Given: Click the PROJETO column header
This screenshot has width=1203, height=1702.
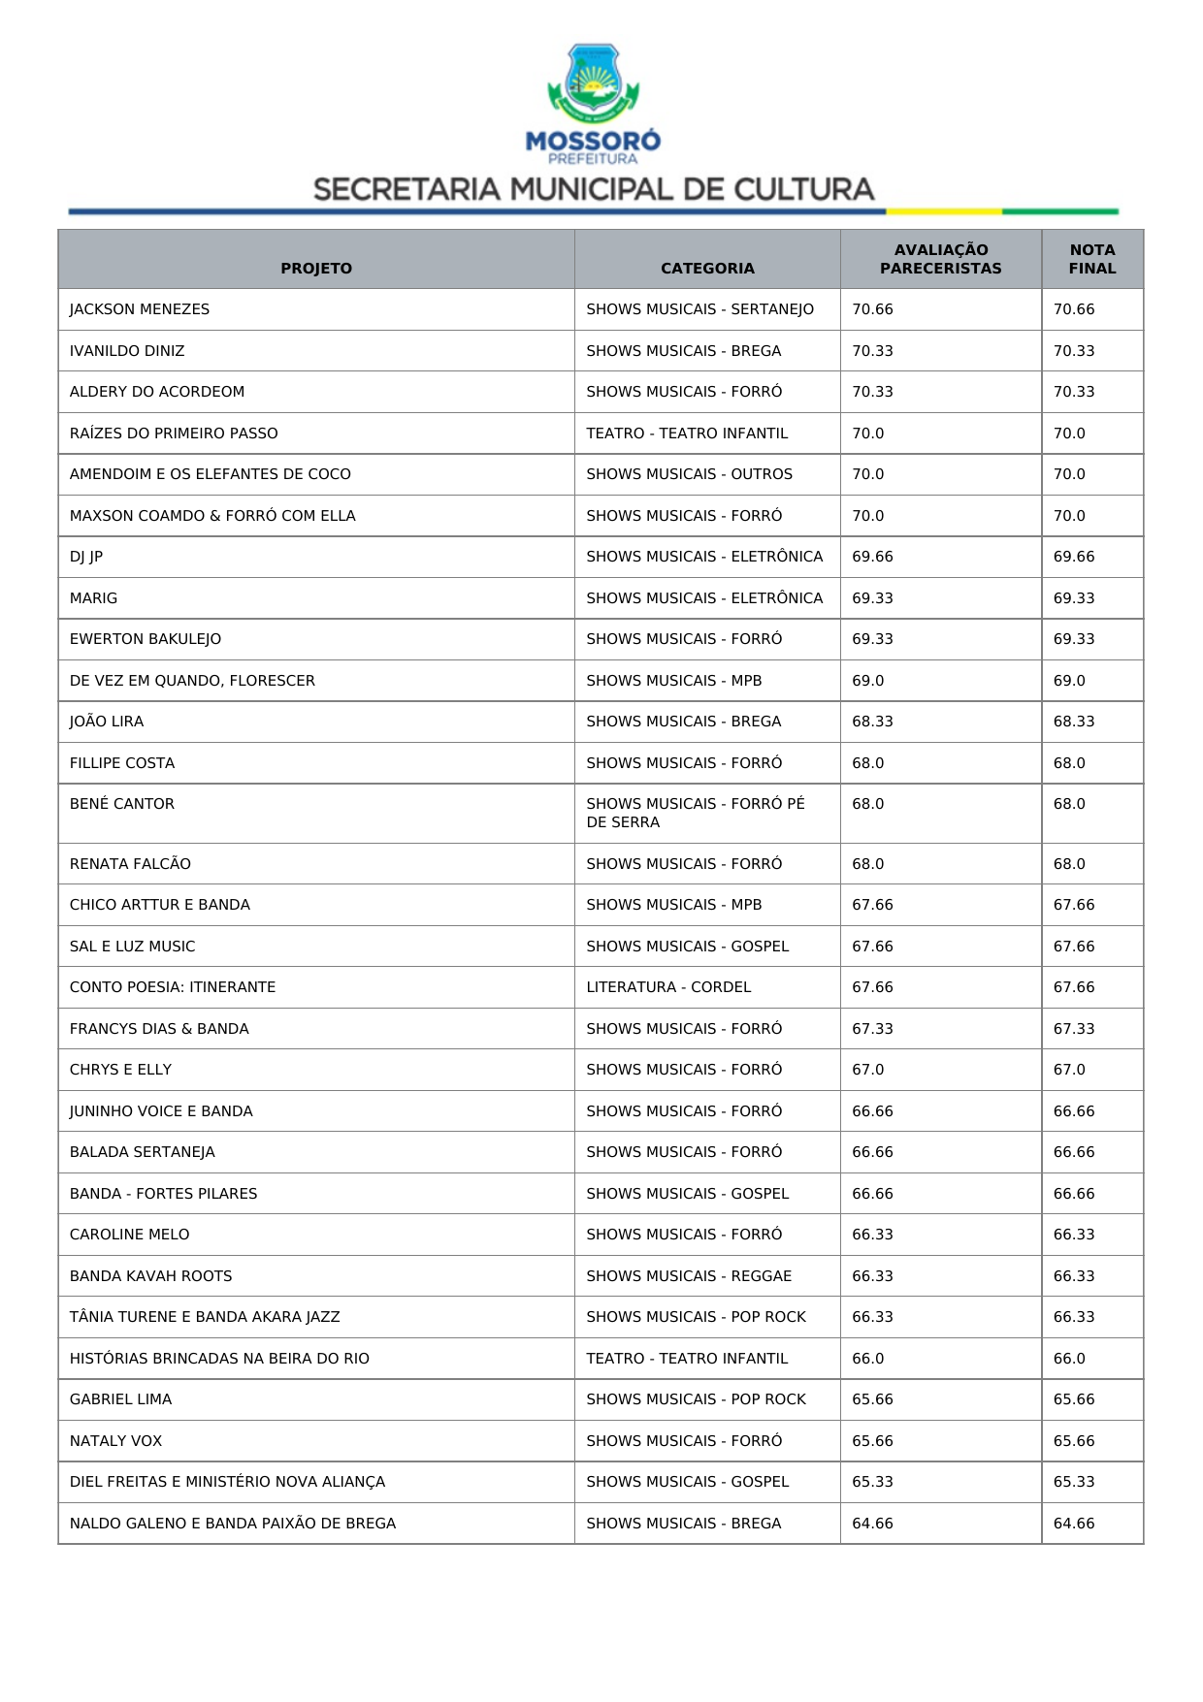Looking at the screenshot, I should [316, 269].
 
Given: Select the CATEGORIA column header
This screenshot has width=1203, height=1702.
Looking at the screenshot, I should [707, 269].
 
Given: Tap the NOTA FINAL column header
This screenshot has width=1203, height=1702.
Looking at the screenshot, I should [1092, 259].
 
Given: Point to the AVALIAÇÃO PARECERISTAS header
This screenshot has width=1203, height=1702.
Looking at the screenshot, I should [941, 259].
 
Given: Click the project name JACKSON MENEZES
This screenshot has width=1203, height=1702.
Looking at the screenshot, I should [140, 309].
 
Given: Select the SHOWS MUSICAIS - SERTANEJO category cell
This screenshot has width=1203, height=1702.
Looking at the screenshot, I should [699, 309].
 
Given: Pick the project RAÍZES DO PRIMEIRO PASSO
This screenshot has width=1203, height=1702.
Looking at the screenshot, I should [174, 434].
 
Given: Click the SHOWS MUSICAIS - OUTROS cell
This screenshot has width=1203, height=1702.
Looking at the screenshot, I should [689, 474].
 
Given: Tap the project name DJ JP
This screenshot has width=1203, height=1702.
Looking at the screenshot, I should [86, 557].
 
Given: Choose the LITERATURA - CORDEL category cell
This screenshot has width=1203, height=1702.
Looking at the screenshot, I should [668, 987].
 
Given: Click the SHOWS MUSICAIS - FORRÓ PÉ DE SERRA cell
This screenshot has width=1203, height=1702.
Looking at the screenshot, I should [696, 813].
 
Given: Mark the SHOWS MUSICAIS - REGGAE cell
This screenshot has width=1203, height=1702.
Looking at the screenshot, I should [689, 1276].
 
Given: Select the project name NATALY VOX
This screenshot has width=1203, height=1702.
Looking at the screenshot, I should [115, 1441].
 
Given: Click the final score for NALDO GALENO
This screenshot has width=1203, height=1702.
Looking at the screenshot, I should [1074, 1524].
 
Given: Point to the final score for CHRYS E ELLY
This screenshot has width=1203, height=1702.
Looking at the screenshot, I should [1069, 1070].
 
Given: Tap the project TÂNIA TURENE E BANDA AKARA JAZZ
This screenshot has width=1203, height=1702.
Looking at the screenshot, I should [205, 1317].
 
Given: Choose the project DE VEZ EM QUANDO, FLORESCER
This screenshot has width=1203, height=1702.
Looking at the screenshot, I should [192, 681].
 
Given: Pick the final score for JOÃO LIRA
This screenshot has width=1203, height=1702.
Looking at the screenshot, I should [1074, 722].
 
